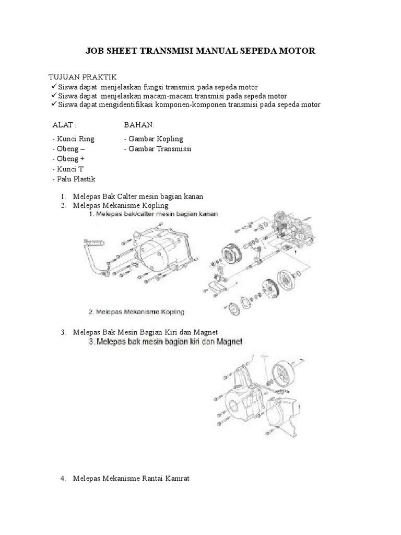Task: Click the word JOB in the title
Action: [96, 51]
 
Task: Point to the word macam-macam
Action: [183, 96]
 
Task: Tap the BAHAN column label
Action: [138, 125]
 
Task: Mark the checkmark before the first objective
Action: [54, 86]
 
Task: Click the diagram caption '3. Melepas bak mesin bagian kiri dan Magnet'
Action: [165, 342]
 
